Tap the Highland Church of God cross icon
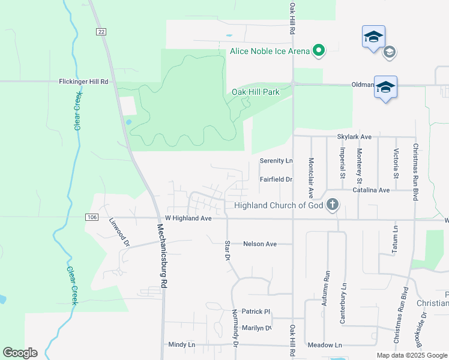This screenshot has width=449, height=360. coord(332,206)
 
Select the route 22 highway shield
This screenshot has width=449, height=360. coord(99,32)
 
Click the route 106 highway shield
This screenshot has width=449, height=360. coord(91,217)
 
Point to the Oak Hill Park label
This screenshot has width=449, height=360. coord(256,92)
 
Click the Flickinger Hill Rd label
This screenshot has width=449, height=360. coord(83,81)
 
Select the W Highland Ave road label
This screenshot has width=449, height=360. coord(188,218)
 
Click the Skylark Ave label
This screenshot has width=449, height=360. coord(354,137)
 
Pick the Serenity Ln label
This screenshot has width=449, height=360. coord(276,161)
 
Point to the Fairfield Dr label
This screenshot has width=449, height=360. coord(276,179)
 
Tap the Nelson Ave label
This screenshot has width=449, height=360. coord(259,244)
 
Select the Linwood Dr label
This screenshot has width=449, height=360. coord(119,232)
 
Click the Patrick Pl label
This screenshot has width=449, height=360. coord(256,311)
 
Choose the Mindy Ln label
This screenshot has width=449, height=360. coord(182,345)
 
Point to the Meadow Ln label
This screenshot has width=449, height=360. coord(324,345)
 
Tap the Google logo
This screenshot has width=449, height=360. coord(20,353)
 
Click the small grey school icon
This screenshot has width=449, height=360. coord(389,52)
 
